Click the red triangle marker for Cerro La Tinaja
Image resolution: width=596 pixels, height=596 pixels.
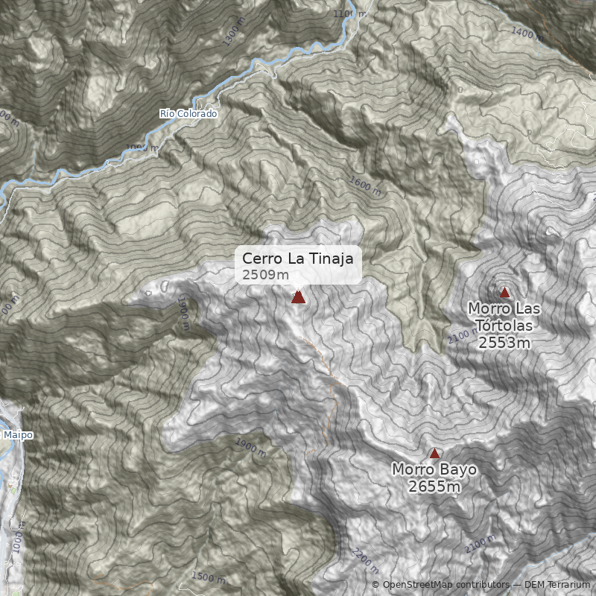298,297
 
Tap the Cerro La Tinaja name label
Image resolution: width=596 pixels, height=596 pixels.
299,259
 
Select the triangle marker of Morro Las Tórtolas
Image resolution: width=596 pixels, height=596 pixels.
504,292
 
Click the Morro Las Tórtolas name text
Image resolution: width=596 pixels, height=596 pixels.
504,317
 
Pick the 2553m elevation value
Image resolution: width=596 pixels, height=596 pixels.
504,343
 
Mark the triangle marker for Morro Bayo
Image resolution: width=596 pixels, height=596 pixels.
434,453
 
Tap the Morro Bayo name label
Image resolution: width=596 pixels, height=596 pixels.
434,470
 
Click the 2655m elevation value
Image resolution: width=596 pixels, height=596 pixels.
434,486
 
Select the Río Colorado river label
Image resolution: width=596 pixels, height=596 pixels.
188,114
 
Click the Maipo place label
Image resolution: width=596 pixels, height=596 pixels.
18,434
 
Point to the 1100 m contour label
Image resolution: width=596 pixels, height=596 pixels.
350,14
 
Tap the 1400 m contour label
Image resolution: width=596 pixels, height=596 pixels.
527,33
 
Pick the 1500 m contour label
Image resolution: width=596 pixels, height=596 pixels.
208,577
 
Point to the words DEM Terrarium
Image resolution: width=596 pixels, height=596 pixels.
557,585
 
